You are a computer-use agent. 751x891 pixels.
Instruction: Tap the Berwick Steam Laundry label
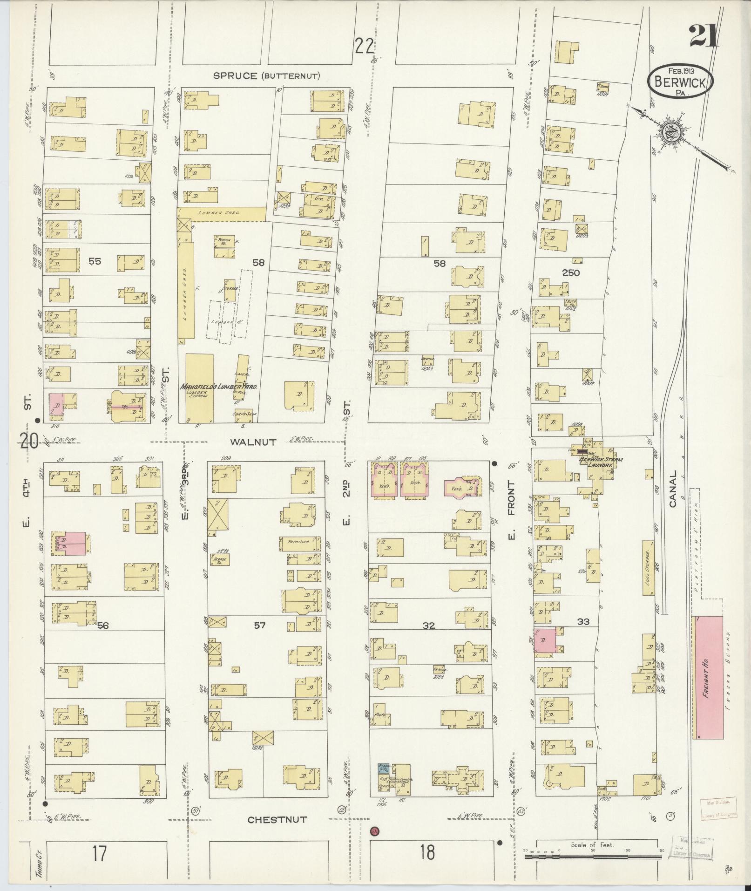click(x=601, y=462)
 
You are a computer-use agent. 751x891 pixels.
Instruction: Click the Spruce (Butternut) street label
click(x=266, y=76)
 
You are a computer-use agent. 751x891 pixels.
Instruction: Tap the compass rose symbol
click(x=670, y=132)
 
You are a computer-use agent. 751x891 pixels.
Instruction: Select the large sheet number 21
click(x=703, y=35)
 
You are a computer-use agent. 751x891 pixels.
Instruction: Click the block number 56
click(x=103, y=626)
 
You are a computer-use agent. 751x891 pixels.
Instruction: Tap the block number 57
click(x=259, y=625)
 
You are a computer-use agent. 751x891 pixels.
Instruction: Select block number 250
click(x=571, y=272)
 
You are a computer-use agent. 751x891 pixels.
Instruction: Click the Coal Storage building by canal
click(x=647, y=567)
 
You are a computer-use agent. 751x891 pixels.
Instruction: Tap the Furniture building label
click(x=299, y=542)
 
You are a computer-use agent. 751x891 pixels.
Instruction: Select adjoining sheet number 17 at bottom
click(x=99, y=854)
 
